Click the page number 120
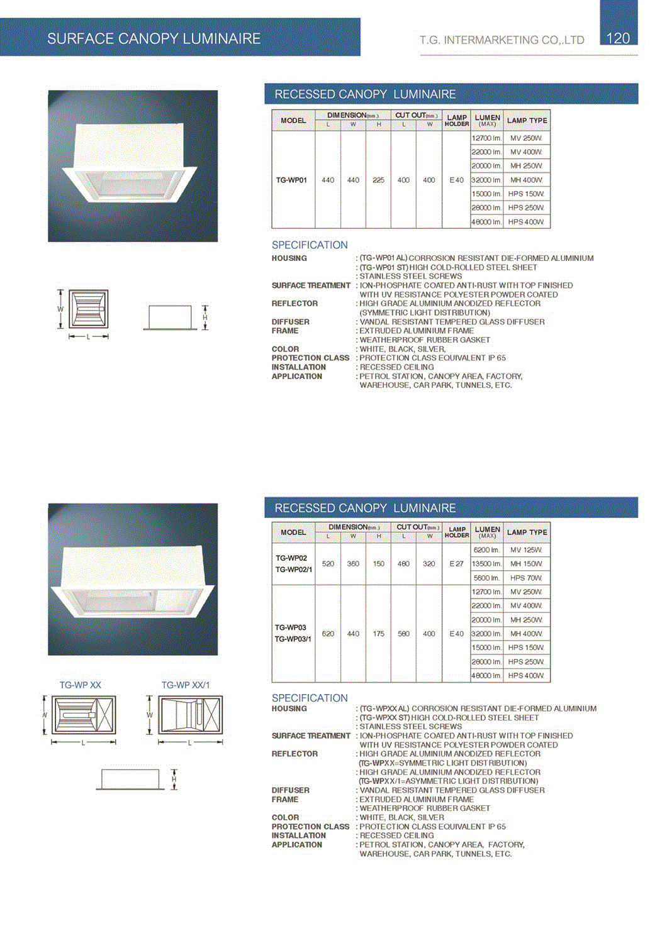(x=618, y=38)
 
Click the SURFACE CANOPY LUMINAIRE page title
(x=154, y=39)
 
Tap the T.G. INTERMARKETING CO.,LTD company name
(x=502, y=40)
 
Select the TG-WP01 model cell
(x=291, y=180)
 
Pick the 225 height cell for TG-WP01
(x=378, y=180)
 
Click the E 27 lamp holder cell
(x=456, y=564)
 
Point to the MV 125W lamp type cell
(x=526, y=550)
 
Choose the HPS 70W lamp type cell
(x=526, y=578)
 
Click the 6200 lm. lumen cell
(x=486, y=550)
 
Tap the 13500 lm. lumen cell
(x=486, y=564)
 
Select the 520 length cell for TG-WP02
(x=328, y=564)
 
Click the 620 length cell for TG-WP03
(x=328, y=634)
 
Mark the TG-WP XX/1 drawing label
(x=186, y=685)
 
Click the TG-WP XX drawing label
(x=81, y=685)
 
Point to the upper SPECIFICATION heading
(x=310, y=245)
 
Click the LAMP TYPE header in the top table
(x=527, y=120)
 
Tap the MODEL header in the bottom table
(x=293, y=532)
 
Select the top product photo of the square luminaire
(x=133, y=166)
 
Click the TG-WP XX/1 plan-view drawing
(x=190, y=715)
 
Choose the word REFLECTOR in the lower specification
(x=294, y=754)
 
